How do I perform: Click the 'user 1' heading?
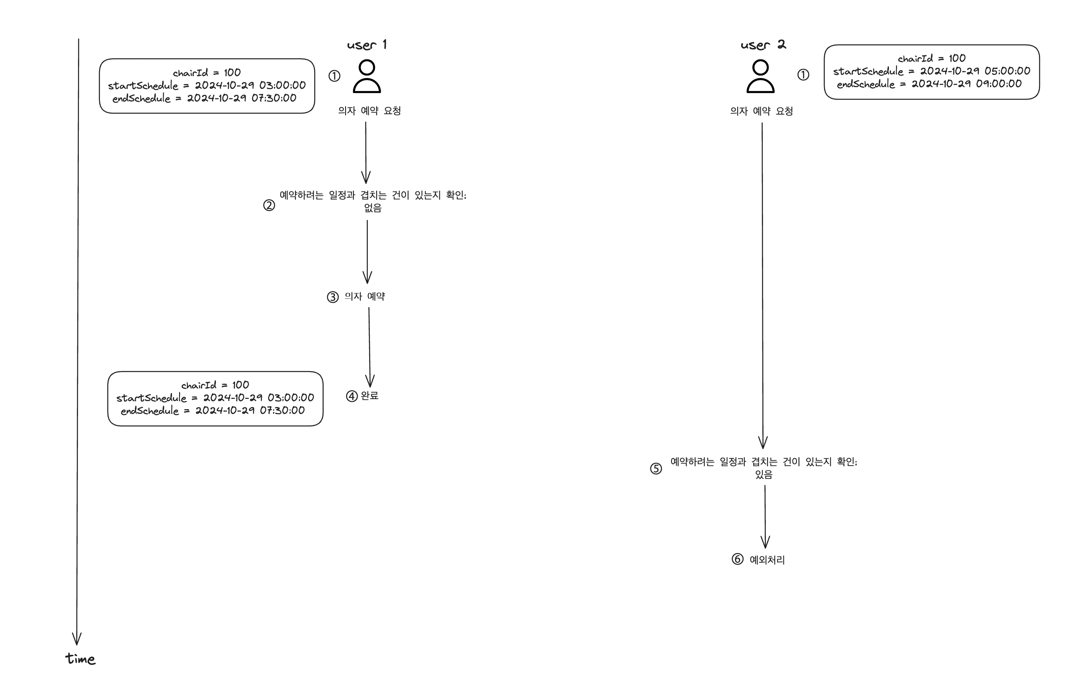[x=366, y=45]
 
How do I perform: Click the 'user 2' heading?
[x=763, y=45]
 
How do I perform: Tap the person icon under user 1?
[x=366, y=77]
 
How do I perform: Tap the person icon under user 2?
[x=760, y=77]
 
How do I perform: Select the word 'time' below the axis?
[x=80, y=659]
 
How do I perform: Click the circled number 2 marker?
[x=269, y=205]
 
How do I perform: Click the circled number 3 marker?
[x=332, y=297]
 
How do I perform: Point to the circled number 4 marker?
[x=351, y=396]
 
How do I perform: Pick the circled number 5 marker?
[x=656, y=469]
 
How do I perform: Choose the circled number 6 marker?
[x=737, y=559]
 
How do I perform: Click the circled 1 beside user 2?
[x=802, y=75]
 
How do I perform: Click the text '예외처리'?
[x=767, y=560]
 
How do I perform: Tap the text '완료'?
[x=369, y=396]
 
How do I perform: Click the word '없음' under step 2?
[x=373, y=208]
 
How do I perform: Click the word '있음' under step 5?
[x=763, y=475]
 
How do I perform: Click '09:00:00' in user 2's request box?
[x=998, y=84]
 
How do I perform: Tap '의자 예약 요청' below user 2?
[x=761, y=111]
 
